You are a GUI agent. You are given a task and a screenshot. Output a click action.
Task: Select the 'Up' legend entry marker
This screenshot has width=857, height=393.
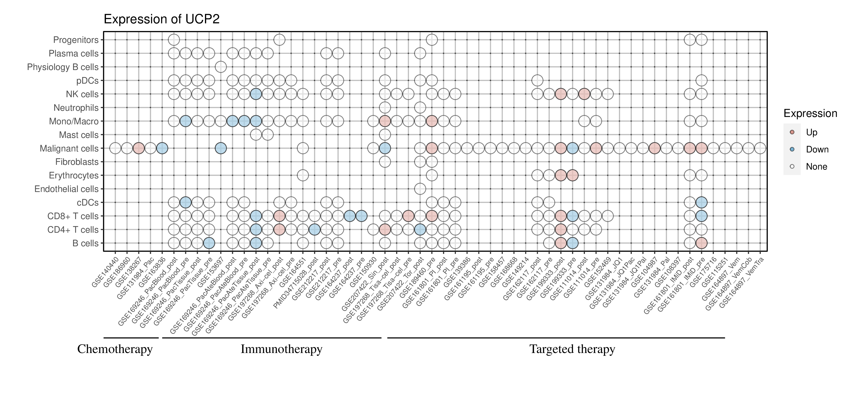(792, 132)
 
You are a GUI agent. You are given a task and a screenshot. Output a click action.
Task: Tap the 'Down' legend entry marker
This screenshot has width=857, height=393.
(792, 149)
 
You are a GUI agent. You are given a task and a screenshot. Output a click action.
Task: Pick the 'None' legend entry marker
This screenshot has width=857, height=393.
(792, 166)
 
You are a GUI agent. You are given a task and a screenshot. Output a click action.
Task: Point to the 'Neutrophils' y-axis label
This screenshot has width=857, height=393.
(76, 108)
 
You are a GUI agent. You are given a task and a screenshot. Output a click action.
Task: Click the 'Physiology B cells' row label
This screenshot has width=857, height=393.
(63, 67)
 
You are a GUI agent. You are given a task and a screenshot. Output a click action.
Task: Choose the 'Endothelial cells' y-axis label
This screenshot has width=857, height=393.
(67, 189)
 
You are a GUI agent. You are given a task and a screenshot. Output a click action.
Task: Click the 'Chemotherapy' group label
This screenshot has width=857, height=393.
(115, 349)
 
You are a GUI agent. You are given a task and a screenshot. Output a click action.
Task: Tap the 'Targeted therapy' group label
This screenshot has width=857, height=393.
(572, 349)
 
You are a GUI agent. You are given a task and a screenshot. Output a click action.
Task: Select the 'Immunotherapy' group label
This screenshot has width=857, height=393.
(281, 349)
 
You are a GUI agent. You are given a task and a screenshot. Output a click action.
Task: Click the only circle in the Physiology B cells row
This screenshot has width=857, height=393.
(221, 67)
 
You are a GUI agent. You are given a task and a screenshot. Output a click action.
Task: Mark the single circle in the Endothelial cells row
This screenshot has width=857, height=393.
(420, 189)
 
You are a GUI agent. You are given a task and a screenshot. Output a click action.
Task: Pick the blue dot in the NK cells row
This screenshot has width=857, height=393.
(256, 94)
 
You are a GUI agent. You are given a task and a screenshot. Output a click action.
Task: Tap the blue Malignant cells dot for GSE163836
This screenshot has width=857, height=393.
(162, 148)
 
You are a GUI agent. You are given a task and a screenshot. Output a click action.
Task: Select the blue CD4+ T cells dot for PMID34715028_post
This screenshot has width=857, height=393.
(314, 230)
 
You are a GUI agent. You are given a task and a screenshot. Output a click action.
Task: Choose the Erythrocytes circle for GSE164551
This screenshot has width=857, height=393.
(303, 175)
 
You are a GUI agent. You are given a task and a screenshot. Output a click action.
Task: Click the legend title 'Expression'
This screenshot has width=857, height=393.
(810, 113)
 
